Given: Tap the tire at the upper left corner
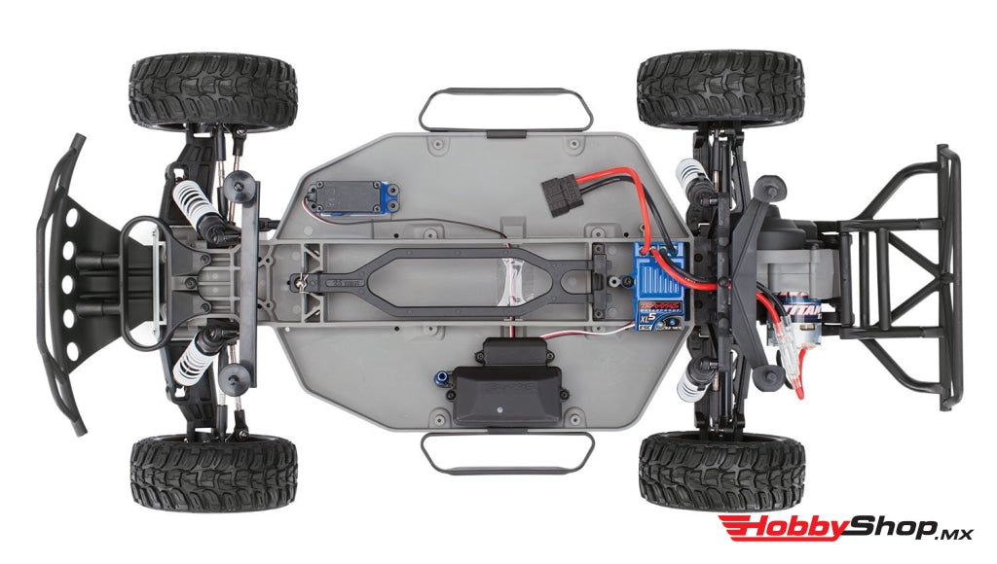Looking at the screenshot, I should [213, 92].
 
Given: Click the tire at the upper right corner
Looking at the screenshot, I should [720, 88].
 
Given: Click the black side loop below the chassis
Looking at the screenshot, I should [507, 450].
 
